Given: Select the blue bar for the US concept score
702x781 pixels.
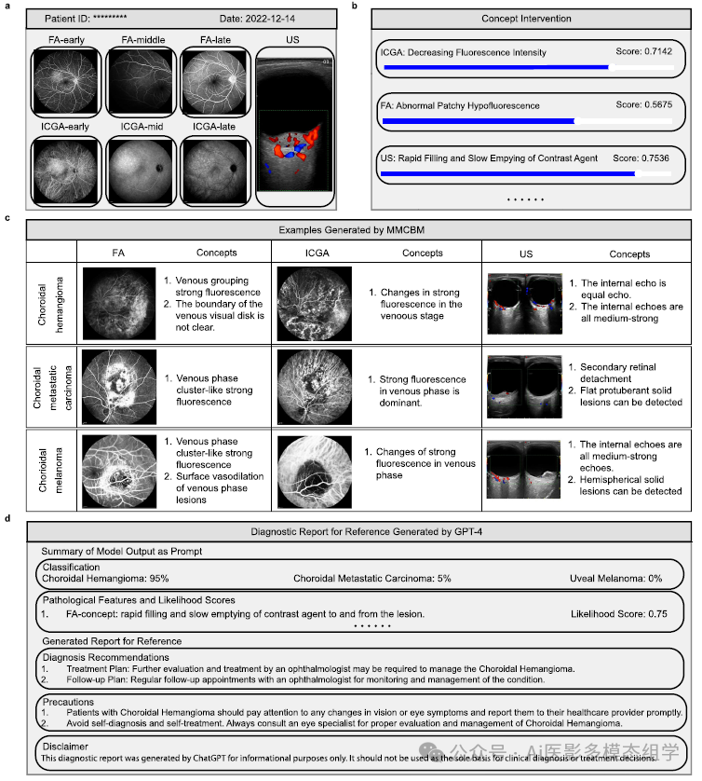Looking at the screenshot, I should [x=508, y=173].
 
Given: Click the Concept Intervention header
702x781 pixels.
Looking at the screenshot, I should [x=526, y=19].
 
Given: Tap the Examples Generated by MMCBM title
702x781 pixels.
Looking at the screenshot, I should [x=358, y=228].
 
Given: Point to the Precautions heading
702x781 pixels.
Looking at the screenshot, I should [x=68, y=701].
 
